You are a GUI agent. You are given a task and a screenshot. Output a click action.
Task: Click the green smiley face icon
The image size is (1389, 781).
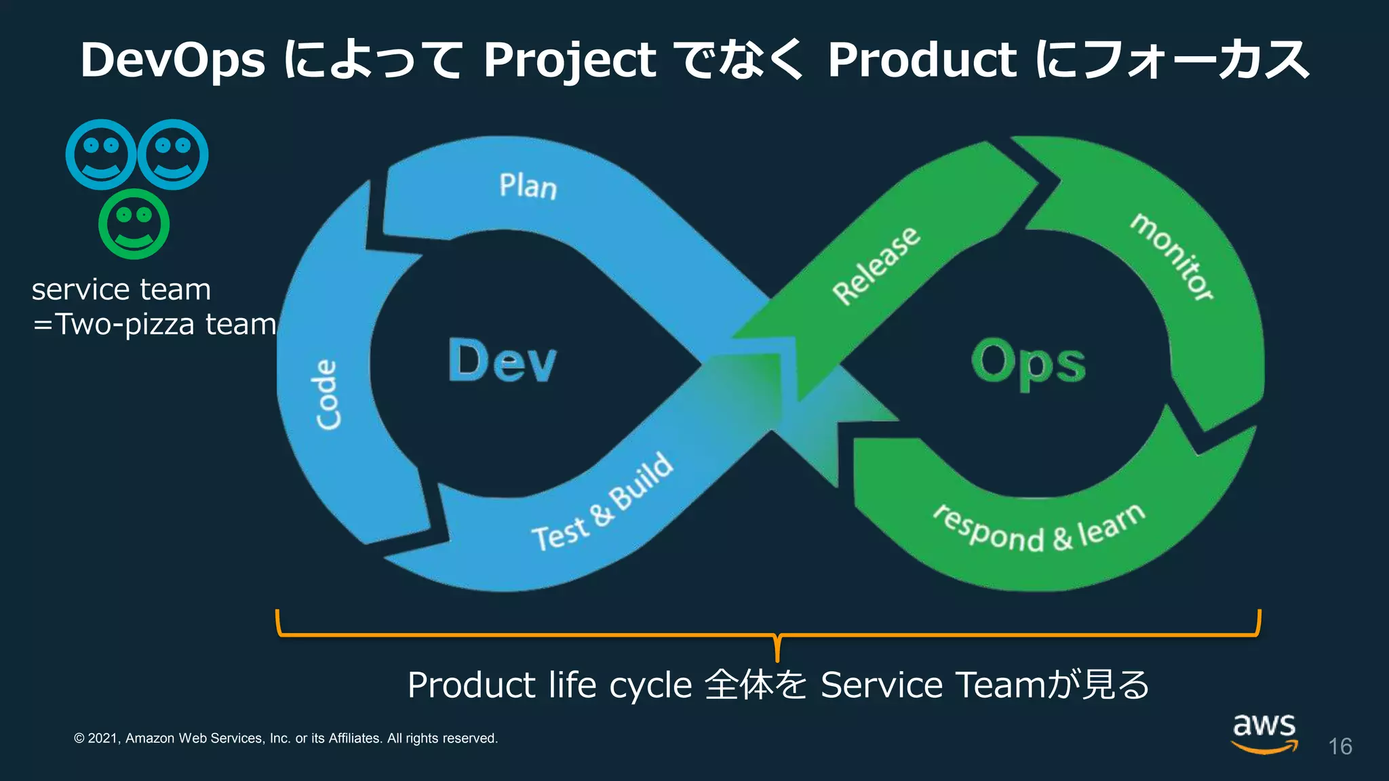(134, 224)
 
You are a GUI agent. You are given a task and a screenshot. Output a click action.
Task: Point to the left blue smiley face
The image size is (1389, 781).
(100, 155)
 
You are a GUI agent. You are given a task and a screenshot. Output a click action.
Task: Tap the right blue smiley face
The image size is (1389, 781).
(173, 155)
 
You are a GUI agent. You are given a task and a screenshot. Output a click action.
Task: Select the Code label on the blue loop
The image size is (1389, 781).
(328, 395)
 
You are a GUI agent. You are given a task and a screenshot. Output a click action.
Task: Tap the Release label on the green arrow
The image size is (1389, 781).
(876, 266)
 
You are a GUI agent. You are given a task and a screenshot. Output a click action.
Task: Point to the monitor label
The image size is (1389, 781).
(1171, 257)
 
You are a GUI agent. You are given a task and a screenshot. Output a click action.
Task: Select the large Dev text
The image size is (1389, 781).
(503, 361)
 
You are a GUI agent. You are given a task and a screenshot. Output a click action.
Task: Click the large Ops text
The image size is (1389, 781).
(1028, 363)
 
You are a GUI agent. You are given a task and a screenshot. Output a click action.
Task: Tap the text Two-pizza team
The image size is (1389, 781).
(165, 324)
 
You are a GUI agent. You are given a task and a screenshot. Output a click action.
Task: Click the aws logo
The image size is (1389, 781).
(1264, 732)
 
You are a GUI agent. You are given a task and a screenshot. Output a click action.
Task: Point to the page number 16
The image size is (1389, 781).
(1339, 746)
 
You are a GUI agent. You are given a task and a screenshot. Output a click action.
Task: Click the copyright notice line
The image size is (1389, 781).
(286, 738)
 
